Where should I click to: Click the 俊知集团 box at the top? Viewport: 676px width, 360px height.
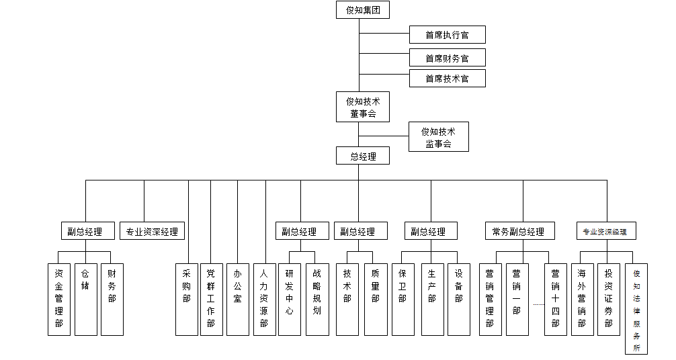click(363, 10)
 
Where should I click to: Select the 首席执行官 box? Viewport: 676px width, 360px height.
click(447, 35)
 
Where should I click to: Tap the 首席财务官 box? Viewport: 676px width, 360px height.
click(447, 58)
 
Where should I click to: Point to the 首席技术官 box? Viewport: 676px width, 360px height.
click(447, 79)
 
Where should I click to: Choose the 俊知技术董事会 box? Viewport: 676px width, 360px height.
click(363, 107)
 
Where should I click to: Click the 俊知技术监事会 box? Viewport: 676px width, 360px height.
click(438, 137)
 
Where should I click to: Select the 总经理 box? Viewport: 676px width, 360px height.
click(363, 156)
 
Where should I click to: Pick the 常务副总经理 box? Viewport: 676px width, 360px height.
click(520, 231)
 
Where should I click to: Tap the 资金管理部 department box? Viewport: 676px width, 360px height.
click(59, 300)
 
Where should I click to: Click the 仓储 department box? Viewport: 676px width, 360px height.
click(86, 300)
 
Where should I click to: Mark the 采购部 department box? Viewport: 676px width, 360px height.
click(187, 300)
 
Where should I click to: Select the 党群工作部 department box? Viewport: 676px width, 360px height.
click(211, 300)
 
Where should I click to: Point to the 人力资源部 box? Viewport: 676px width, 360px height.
click(264, 300)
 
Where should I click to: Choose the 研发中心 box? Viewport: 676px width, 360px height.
click(290, 300)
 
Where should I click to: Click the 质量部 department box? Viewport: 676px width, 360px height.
click(376, 300)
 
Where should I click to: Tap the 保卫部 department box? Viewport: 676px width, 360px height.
click(403, 300)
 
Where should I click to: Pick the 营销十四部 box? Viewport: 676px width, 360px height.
click(556, 300)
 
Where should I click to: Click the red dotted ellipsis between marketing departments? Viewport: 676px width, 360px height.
click(539, 304)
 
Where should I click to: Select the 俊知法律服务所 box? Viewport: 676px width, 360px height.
click(636, 309)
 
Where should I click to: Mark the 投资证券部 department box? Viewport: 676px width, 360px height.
click(609, 300)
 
